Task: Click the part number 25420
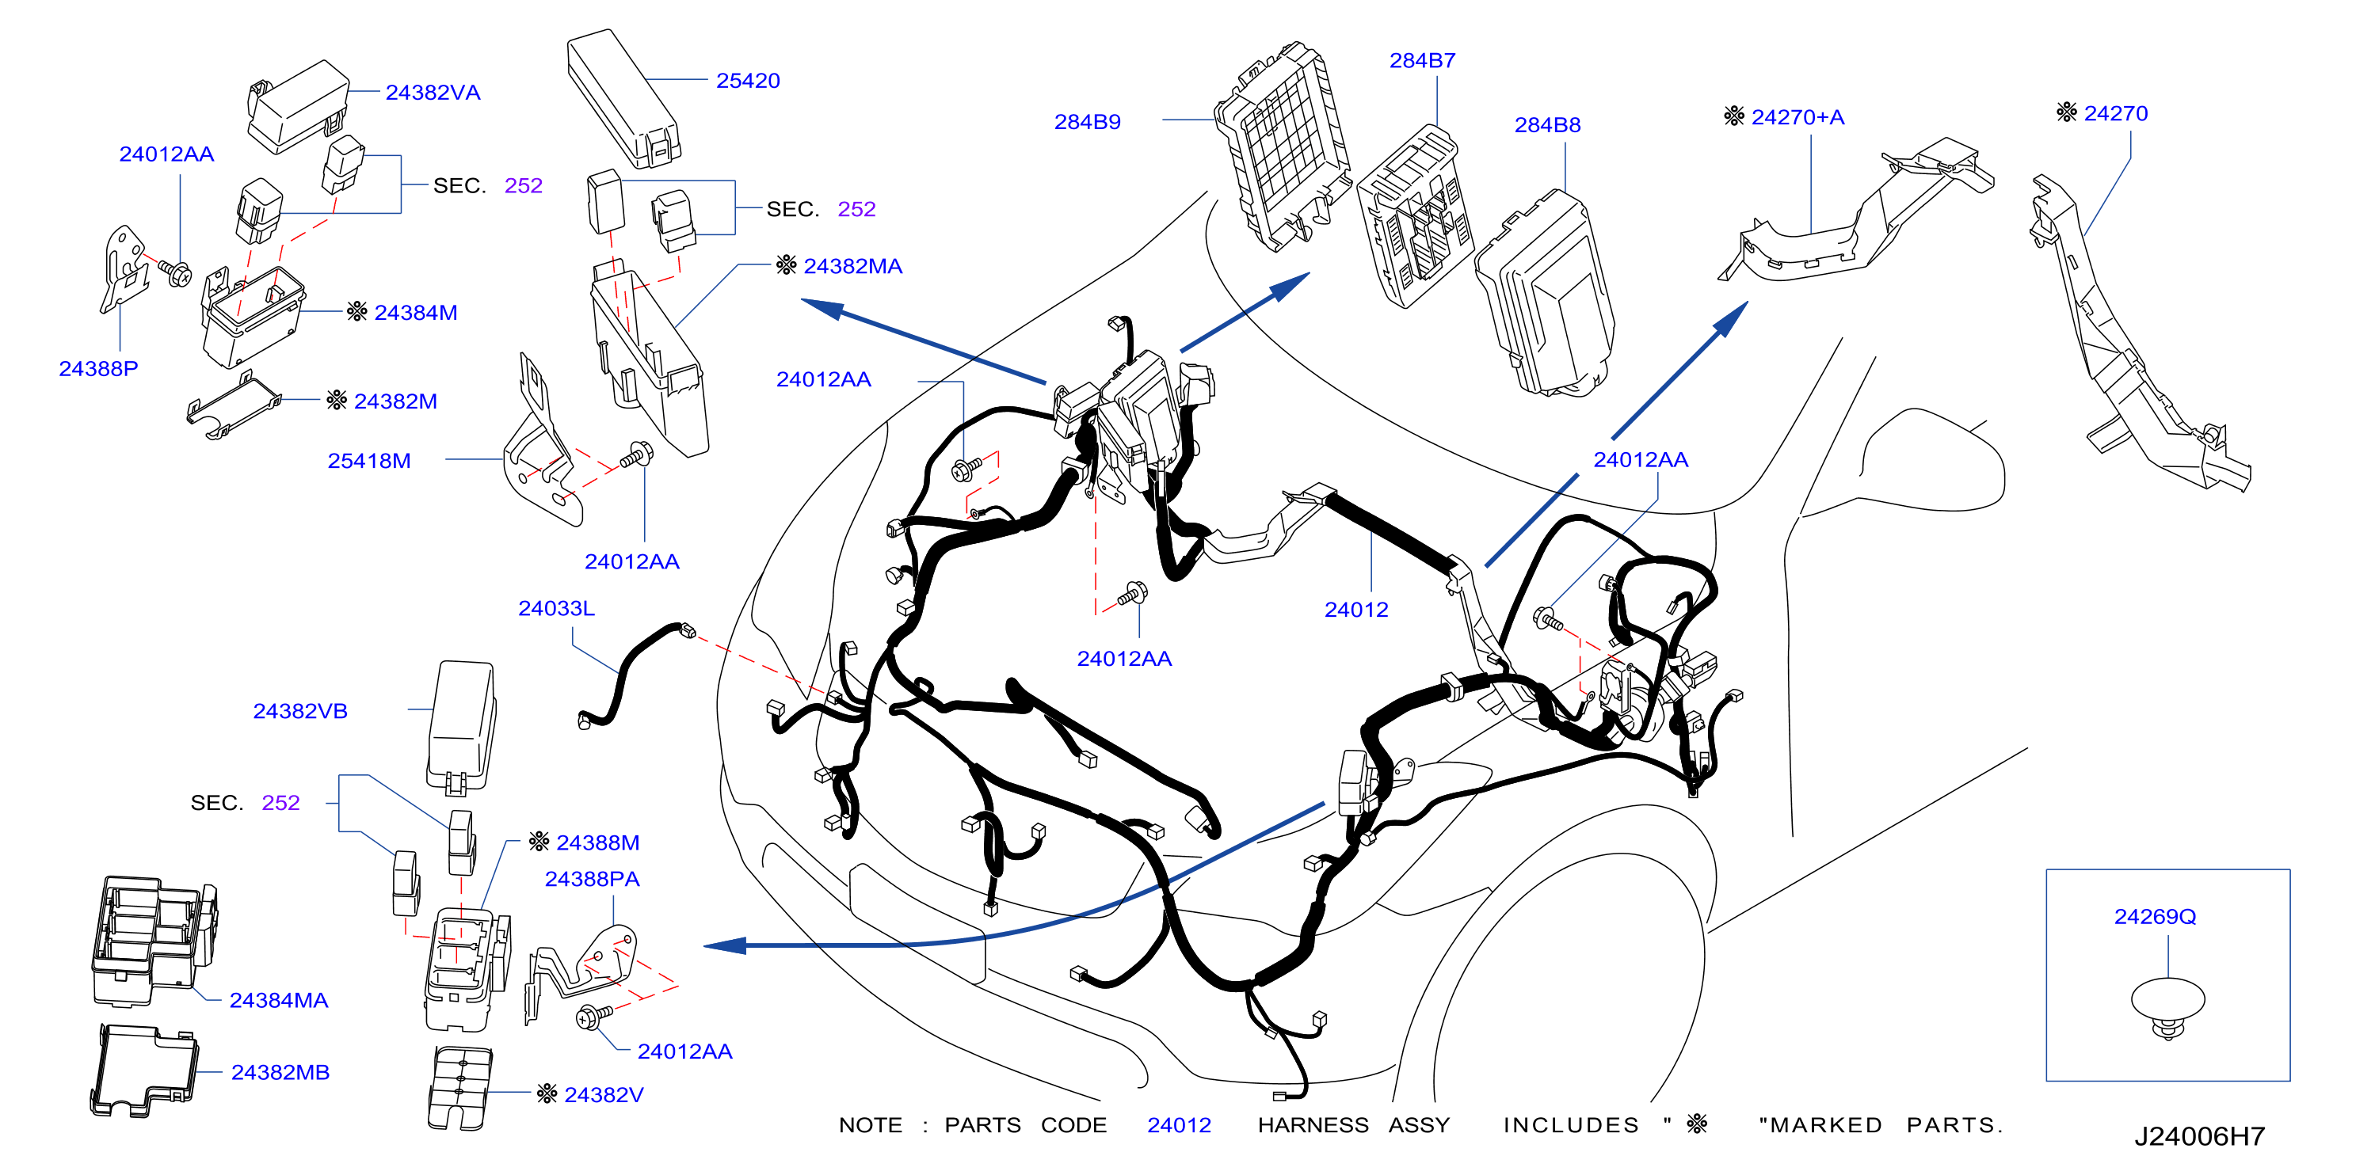747,81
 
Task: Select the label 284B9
1087,122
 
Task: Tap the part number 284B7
1422,60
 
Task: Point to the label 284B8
1547,124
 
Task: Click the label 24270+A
1797,117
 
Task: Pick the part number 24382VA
433,93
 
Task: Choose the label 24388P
99,368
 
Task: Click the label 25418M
368,461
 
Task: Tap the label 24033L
556,608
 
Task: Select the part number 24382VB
300,711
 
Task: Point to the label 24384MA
278,1000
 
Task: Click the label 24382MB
280,1073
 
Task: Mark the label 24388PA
592,880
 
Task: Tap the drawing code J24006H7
2200,1136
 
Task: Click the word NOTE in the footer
871,1126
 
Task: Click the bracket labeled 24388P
124,270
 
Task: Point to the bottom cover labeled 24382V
459,1088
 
